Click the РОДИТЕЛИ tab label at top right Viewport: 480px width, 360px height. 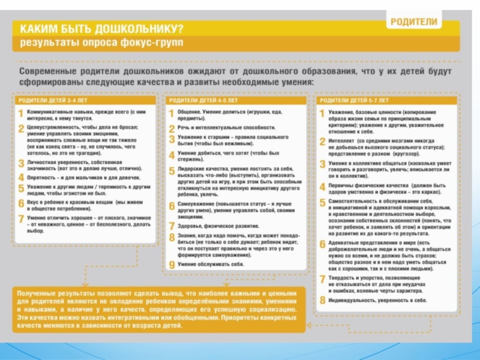(415, 22)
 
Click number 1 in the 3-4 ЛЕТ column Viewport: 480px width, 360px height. (21, 113)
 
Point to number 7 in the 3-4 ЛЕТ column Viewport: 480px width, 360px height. (21, 220)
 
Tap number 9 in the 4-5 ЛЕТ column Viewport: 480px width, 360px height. (172, 265)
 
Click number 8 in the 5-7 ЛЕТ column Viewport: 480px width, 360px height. (322, 300)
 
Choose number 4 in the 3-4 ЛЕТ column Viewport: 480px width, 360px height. (21, 178)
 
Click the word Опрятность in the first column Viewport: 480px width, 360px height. (44, 178)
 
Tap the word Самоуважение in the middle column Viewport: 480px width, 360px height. (196, 205)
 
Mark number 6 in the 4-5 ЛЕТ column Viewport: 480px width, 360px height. (172, 206)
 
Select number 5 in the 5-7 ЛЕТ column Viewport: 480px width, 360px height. (322, 202)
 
